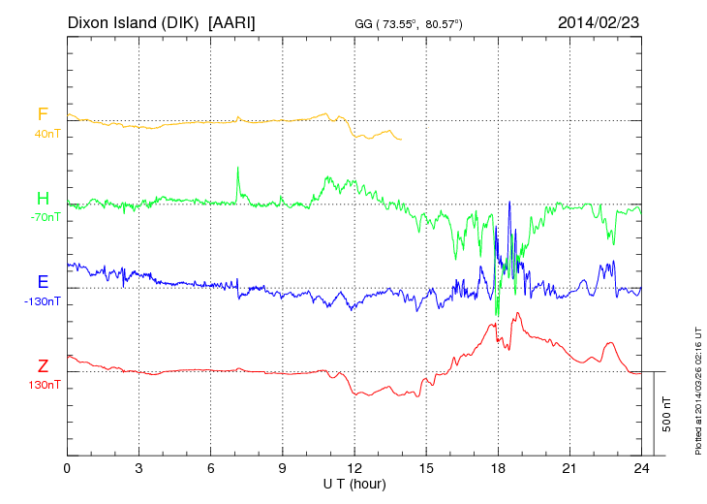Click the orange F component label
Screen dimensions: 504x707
coord(43,114)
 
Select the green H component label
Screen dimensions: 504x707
coord(43,199)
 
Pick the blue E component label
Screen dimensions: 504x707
coord(43,282)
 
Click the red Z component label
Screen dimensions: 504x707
coord(43,365)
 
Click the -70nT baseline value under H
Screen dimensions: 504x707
coord(45,217)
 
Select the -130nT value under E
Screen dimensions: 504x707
coord(43,301)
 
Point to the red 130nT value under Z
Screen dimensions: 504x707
coord(45,385)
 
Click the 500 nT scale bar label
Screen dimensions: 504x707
coord(667,414)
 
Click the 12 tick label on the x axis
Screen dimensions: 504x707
coord(354,468)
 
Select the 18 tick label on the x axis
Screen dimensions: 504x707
coord(498,468)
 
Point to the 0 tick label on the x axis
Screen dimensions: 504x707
coord(68,468)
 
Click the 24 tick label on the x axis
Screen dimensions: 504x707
coord(641,468)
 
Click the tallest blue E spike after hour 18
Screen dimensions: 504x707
coord(509,204)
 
